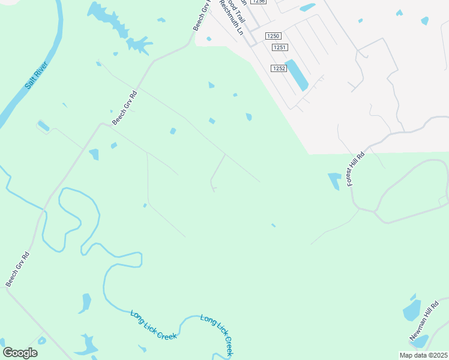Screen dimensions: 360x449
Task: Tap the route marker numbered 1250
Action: [x=273, y=36]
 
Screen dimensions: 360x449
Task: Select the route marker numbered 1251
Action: [x=279, y=47]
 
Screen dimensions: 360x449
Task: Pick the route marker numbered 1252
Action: [x=277, y=68]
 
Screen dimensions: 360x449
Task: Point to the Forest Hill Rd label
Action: [x=355, y=167]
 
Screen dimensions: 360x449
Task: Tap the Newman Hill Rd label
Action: [x=421, y=327]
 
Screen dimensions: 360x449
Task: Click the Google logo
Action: [x=20, y=353]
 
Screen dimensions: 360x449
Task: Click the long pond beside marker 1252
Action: [x=296, y=75]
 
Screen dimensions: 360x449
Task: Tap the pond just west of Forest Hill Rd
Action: [x=334, y=180]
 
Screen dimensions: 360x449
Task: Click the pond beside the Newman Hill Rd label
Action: [x=412, y=310]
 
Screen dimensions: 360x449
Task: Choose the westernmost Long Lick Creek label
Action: [x=154, y=325]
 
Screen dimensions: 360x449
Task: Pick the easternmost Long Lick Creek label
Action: [x=216, y=335]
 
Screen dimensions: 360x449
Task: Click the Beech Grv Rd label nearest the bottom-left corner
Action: [x=17, y=269]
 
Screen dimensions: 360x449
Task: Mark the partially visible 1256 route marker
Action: [x=259, y=2]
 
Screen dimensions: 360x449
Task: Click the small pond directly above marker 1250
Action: [x=307, y=8]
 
